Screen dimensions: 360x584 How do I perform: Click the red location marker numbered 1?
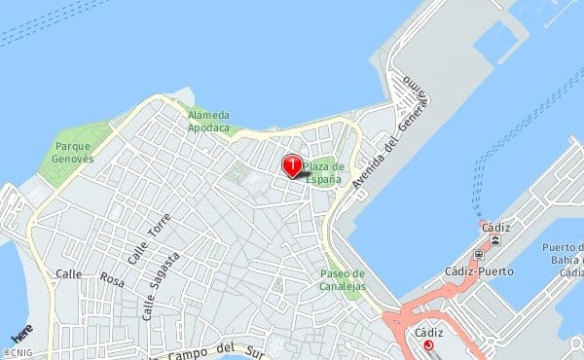coord(292,165)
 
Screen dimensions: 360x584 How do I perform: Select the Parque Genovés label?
coord(71,151)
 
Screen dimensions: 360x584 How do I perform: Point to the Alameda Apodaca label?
coord(208,121)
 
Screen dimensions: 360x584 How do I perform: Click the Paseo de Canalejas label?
coord(342,279)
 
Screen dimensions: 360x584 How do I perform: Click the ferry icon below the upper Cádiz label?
coord(496,239)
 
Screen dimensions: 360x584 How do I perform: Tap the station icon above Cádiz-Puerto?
coord(478,256)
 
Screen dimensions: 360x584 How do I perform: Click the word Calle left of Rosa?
coord(68,274)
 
